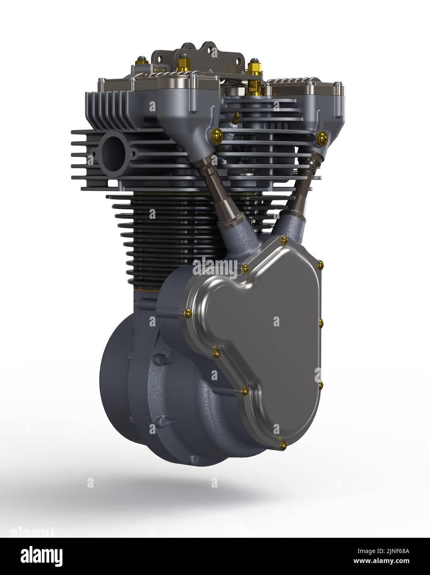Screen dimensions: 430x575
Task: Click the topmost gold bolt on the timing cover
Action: point(284,240)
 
